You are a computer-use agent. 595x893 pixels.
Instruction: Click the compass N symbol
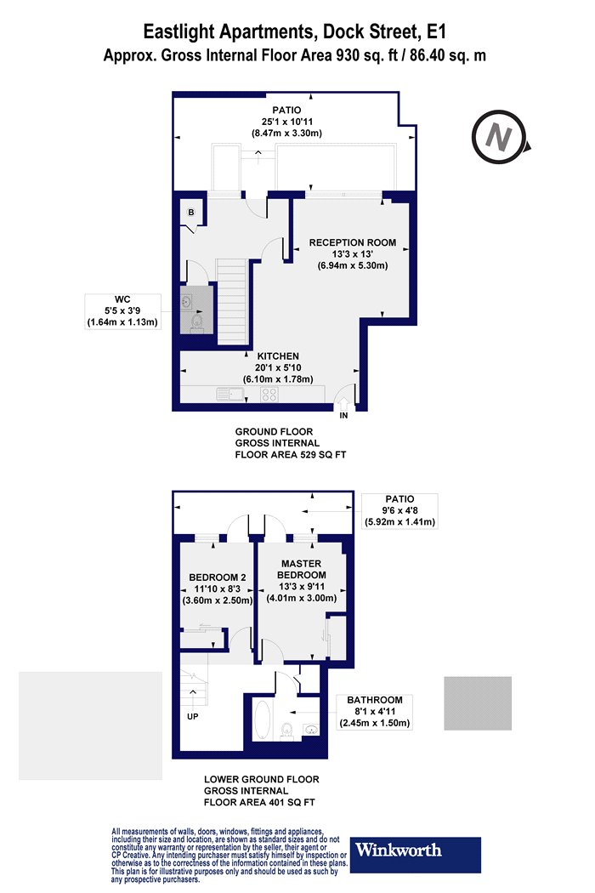(499, 137)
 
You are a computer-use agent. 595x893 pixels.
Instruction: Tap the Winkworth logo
(415, 854)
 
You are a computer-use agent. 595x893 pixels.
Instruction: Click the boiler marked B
(191, 213)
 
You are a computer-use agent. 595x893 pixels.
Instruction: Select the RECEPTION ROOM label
(353, 242)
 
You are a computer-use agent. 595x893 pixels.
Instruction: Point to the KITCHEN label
(278, 356)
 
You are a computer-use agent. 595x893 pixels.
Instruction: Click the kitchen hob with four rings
(269, 394)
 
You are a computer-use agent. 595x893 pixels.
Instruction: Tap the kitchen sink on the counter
(229, 394)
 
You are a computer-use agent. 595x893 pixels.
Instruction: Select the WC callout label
(122, 311)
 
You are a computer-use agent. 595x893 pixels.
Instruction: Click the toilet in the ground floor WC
(196, 322)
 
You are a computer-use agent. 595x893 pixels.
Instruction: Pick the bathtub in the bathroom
(262, 720)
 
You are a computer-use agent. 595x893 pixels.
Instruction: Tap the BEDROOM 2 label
(218, 577)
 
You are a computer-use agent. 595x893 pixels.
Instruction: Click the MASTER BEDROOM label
(301, 570)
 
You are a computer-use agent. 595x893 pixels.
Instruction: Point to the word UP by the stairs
(192, 716)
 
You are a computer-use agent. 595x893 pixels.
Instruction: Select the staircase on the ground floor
(232, 302)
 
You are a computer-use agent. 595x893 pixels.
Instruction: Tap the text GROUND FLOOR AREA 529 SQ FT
(291, 443)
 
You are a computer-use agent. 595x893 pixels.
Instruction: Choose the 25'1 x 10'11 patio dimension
(287, 122)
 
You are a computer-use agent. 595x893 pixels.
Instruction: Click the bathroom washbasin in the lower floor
(310, 730)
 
